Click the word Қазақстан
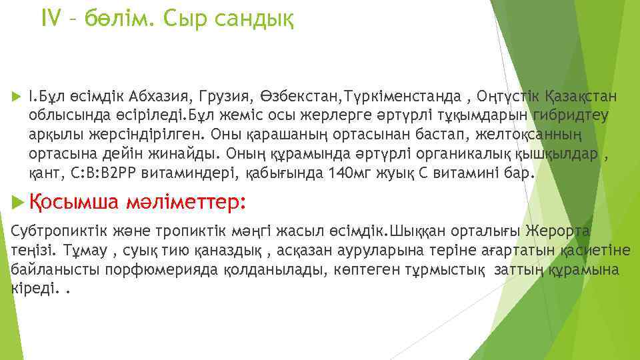point(581,96)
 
